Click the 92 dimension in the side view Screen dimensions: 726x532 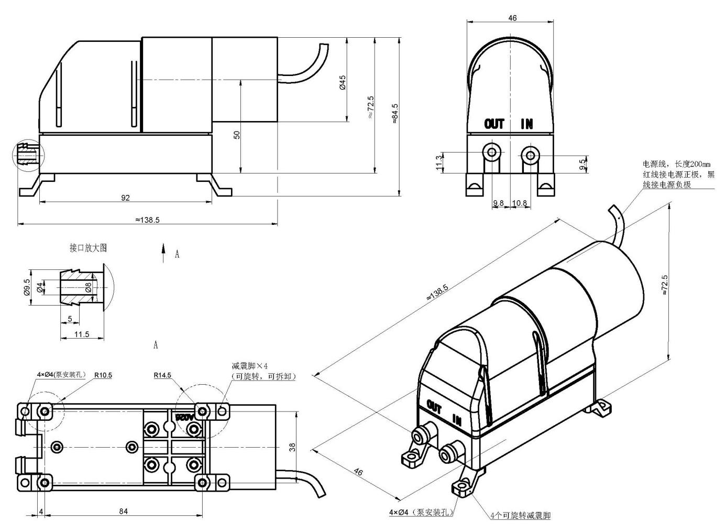click(125, 198)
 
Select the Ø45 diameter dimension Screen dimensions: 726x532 click(343, 82)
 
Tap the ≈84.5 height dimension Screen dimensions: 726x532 click(394, 114)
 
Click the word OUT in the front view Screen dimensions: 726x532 click(494, 124)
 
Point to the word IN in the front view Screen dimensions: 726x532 click(526, 124)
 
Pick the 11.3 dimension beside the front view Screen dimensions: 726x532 click(439, 162)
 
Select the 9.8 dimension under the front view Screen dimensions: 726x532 click(499, 203)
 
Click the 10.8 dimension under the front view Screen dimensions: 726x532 click(520, 203)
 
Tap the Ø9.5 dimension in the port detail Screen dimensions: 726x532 click(27, 287)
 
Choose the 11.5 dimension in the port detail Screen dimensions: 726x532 click(82, 334)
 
